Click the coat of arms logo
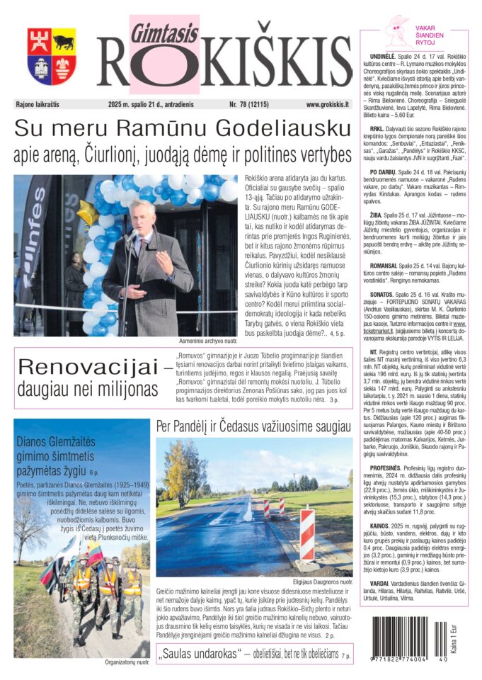click(x=52, y=56)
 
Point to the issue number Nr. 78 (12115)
click(x=253, y=104)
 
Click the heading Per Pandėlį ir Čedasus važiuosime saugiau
click(x=253, y=426)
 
